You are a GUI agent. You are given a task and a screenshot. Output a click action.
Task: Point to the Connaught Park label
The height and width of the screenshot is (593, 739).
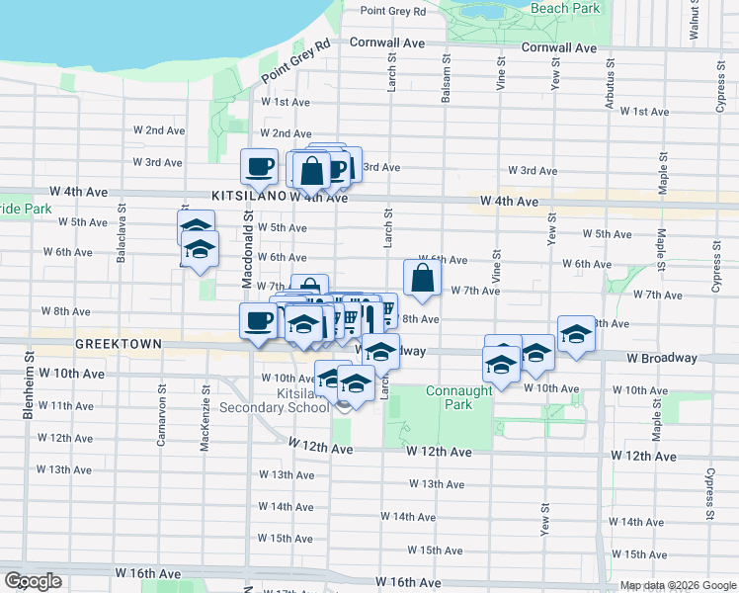click(458, 397)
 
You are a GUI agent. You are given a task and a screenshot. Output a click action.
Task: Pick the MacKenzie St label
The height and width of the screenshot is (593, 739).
click(205, 425)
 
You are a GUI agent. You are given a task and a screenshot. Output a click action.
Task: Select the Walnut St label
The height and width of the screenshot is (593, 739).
click(694, 21)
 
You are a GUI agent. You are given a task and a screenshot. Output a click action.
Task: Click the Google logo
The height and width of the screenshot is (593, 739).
click(33, 581)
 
